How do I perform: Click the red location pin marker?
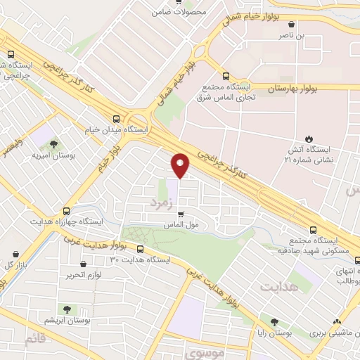tap(180, 165)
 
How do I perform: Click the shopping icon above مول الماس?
tap(181, 214)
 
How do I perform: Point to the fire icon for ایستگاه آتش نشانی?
tap(307, 138)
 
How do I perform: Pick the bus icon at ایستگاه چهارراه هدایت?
tap(67, 210)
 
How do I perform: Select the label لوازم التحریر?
tap(89, 274)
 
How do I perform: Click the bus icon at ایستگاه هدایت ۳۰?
tap(140, 249)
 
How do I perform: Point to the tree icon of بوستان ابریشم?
tap(65, 309)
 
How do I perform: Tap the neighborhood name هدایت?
tap(279, 287)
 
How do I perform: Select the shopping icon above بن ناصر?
tap(301, 23)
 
